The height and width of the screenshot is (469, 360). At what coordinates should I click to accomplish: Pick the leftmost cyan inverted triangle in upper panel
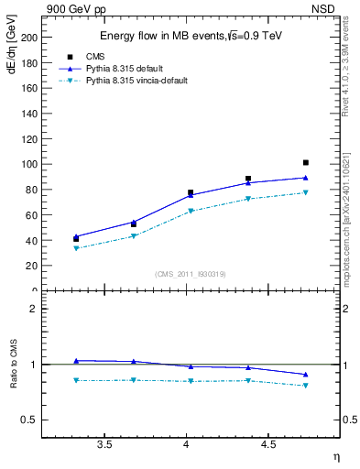(76, 248)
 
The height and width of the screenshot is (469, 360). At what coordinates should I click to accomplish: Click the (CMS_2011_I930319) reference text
(191, 274)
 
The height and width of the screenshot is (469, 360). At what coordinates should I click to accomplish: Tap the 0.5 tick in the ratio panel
(30, 420)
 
